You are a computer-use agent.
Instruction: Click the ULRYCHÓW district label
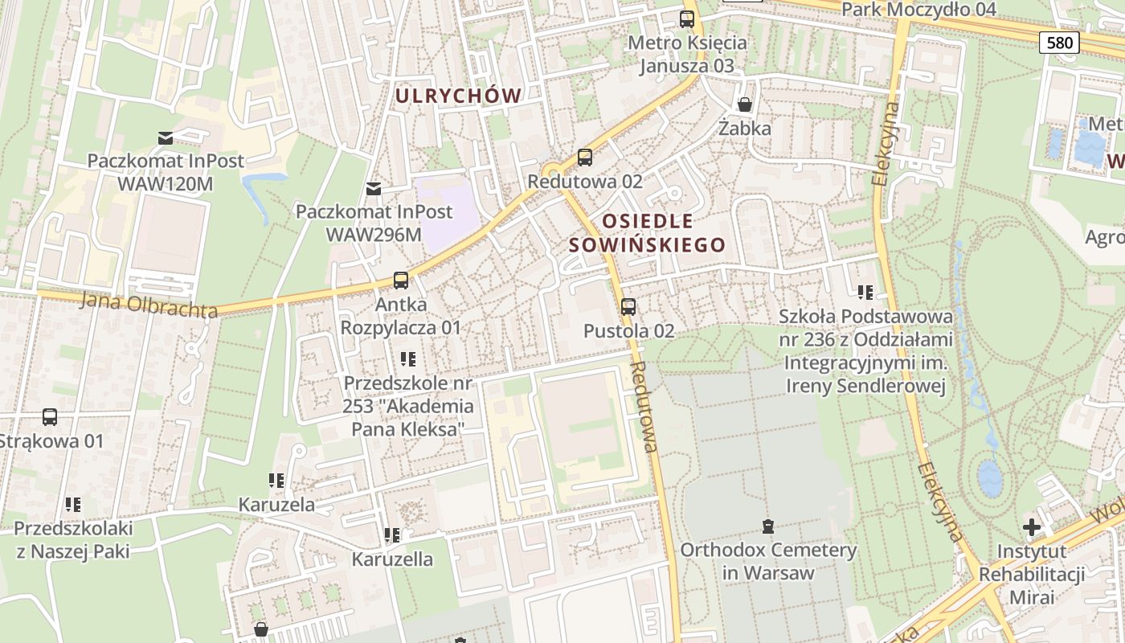click(458, 96)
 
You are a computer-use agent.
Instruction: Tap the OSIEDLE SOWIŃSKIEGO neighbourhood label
click(647, 233)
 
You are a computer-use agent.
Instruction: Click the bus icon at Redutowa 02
click(585, 158)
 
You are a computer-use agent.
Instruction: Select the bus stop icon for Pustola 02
click(628, 306)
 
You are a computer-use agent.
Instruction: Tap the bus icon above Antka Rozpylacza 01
click(401, 281)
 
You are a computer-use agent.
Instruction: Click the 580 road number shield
click(1059, 43)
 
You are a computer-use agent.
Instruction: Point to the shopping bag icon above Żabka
click(745, 105)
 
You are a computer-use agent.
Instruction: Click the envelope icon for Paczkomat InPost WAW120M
click(166, 137)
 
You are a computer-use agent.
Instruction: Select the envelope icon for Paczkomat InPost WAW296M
click(374, 189)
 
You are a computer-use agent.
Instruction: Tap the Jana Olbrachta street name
click(149, 305)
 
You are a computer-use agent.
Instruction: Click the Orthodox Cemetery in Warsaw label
click(768, 561)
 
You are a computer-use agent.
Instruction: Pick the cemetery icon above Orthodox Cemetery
click(768, 527)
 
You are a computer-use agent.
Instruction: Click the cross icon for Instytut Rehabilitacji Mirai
click(1032, 528)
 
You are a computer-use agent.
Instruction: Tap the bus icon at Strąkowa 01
click(50, 417)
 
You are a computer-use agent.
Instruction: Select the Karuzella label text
click(392, 559)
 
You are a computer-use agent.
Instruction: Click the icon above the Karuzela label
click(276, 481)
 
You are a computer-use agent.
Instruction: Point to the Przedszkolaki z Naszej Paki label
click(73, 539)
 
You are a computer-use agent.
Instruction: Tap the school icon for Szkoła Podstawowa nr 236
click(865, 293)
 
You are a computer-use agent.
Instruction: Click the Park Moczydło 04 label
click(918, 10)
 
